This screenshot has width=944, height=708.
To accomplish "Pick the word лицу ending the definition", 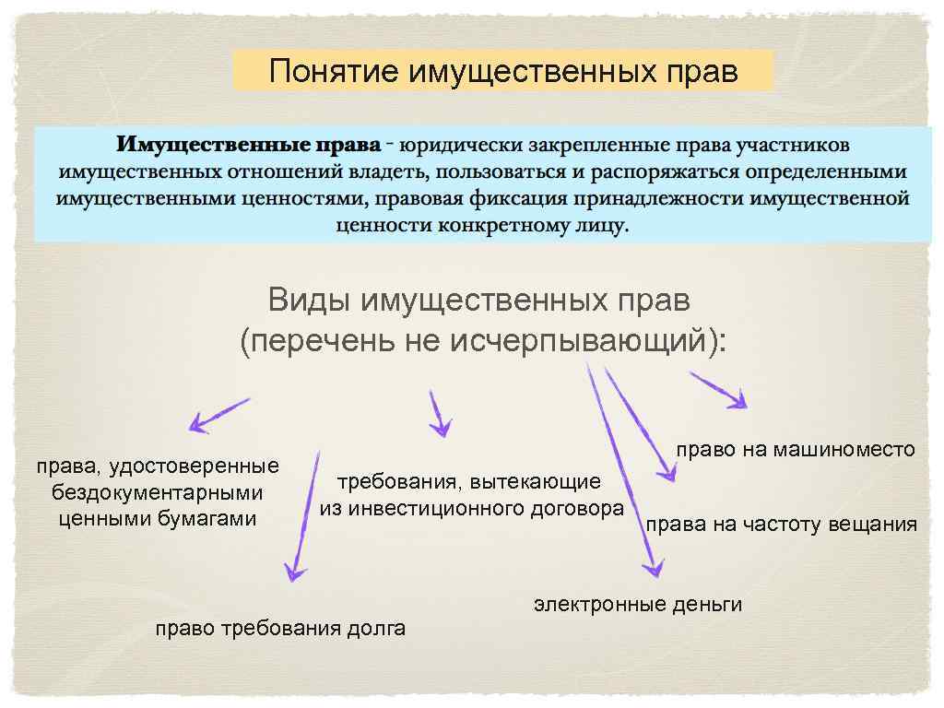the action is [601, 225].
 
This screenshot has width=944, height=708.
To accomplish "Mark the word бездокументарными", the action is [158, 492].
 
